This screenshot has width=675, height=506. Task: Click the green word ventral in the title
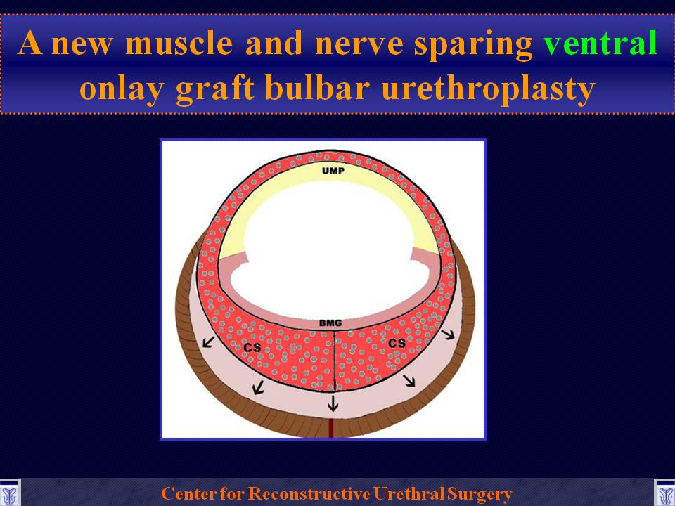tap(600, 43)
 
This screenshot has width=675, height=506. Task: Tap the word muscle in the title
tap(179, 43)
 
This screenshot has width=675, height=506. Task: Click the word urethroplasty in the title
tap(488, 89)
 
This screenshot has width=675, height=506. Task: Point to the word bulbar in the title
tap(318, 87)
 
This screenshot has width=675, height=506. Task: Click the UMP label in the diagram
tap(333, 171)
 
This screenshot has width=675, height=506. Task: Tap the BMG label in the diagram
tap(330, 323)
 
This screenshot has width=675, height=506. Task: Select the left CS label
tap(252, 346)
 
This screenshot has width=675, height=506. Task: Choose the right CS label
tap(397, 343)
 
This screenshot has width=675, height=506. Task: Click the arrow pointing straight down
tap(333, 403)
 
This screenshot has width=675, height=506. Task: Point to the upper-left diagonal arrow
tap(208, 342)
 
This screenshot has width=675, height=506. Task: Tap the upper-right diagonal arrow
tap(448, 334)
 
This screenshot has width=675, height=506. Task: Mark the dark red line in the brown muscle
tap(331, 427)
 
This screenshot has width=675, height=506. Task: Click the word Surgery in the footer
tap(480, 494)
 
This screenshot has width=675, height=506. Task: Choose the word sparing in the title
tap(473, 45)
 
